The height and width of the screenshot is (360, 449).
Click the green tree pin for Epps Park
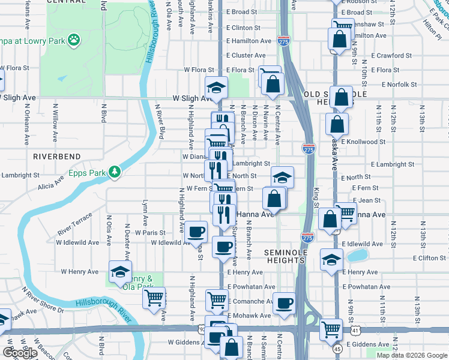coord(115,172)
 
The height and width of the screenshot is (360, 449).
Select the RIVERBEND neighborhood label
coord(57,156)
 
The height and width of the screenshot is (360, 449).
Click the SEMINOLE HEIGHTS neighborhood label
coord(286,256)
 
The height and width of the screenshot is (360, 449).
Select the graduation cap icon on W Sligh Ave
coord(216,86)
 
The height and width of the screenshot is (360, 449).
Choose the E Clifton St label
coord(429,258)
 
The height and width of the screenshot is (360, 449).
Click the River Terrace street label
coord(75,223)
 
